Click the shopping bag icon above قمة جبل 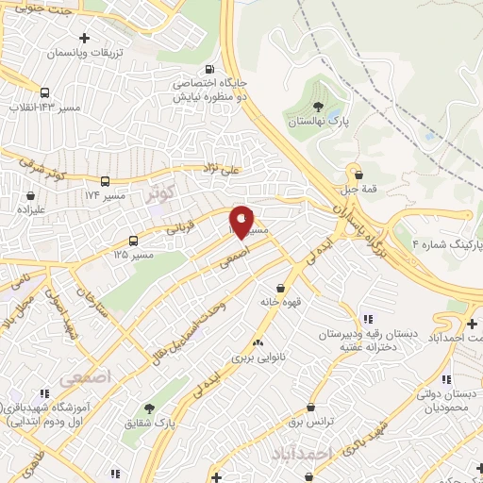coord(357,173)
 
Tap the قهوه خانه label coord(280,303)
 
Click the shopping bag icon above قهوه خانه coord(280,288)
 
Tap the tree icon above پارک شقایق coord(148,408)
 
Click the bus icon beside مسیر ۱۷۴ coord(105,181)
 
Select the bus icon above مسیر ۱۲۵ coord(134,240)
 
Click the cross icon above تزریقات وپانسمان coord(85,39)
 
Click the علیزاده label coord(30,210)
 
